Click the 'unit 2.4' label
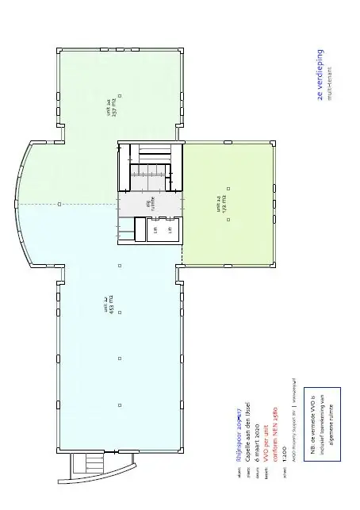tap(109, 105)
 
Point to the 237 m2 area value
tap(116, 105)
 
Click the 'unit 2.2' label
tap(105, 305)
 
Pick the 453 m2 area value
tap(112, 305)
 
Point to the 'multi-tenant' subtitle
tap(330, 74)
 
